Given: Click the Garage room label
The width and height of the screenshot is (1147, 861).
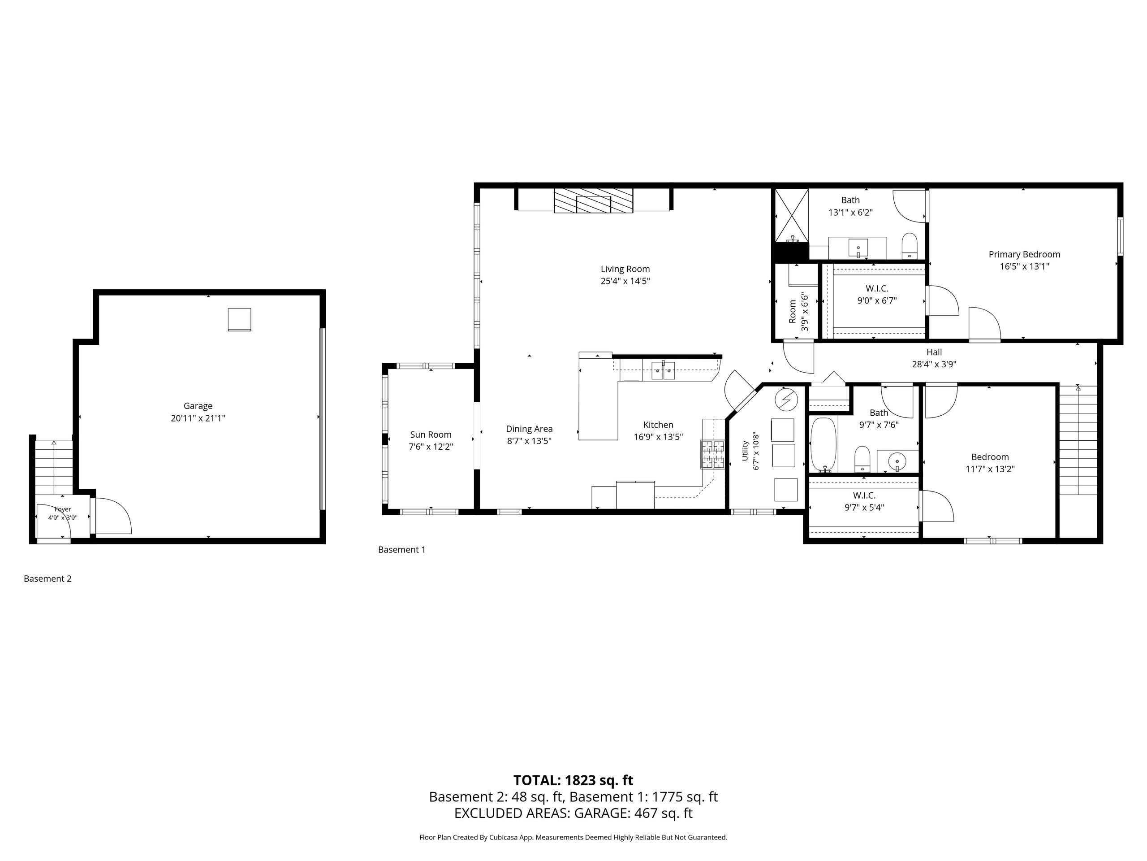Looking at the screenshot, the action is click(198, 406).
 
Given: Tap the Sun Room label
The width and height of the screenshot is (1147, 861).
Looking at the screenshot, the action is click(431, 435).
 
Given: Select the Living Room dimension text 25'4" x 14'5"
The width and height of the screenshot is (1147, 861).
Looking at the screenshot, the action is click(625, 281).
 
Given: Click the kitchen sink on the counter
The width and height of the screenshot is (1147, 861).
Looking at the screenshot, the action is click(663, 370).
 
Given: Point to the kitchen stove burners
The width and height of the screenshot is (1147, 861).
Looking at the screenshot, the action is click(713, 454).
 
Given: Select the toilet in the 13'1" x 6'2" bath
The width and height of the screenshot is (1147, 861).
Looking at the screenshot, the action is click(910, 246).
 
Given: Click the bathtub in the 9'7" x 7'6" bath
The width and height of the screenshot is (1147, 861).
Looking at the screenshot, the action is click(824, 445).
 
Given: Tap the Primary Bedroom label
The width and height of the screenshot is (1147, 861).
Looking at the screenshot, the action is click(1024, 254).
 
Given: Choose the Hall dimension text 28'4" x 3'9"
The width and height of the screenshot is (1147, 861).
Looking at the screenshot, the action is click(934, 364).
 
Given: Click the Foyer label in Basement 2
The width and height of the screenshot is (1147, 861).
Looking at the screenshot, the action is click(63, 509).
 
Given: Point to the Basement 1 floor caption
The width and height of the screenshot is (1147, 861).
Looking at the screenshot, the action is click(401, 550).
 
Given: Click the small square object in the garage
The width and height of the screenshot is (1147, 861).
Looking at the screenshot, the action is click(240, 320).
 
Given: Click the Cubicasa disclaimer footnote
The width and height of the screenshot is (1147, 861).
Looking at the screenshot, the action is click(573, 837).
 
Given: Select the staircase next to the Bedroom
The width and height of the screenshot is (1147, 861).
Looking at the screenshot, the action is click(1078, 440).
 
